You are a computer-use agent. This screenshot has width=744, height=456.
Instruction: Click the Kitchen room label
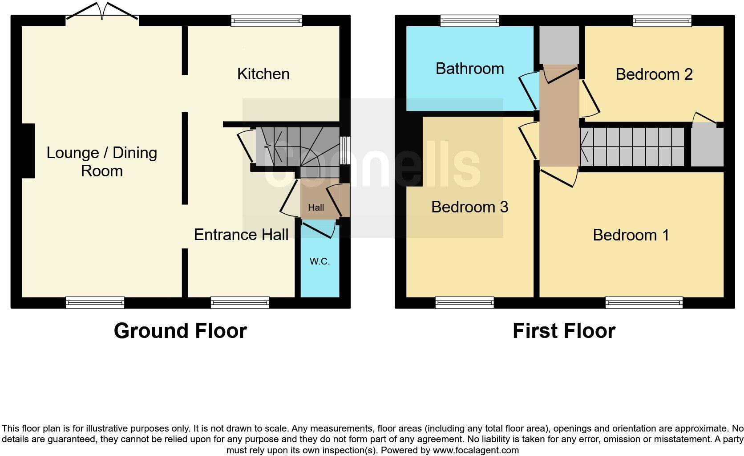coord(263,74)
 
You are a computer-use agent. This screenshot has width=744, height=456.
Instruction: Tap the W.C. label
coord(319,261)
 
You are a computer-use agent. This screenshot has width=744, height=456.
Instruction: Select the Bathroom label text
coord(469,69)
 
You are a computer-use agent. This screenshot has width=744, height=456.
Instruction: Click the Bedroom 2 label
coord(654,74)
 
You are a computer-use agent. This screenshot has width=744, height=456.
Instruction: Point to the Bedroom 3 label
coord(469,207)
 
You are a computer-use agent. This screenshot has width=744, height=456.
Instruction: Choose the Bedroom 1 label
coord(631,235)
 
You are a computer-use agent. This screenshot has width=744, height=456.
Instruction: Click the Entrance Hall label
coord(241,235)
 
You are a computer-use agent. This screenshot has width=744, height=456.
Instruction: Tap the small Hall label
coord(316,208)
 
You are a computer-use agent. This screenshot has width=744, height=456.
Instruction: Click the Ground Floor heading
coord(180,331)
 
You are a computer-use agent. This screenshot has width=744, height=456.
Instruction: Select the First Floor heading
coord(564,331)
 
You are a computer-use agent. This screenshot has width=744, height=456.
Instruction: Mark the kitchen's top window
coord(267,20)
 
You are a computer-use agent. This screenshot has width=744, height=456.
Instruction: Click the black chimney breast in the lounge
coord(28,151)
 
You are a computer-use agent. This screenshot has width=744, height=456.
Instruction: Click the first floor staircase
coord(632,147)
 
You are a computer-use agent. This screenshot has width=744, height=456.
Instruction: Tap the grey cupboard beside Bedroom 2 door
coord(707,147)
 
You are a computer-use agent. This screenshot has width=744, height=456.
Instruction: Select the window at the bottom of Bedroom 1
coord(644,302)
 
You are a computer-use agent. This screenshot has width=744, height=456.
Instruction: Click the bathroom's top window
coord(469,20)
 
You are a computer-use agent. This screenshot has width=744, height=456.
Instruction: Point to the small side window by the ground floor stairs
coord(345,150)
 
